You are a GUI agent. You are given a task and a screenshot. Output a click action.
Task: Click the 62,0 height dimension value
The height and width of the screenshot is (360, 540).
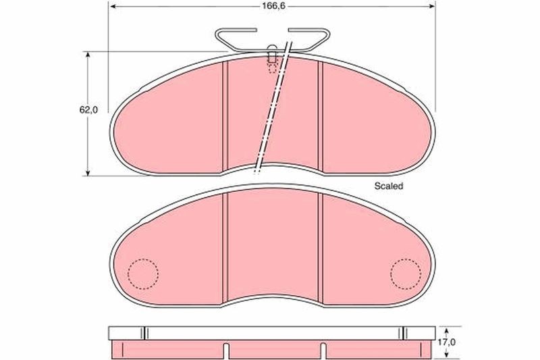(88, 110)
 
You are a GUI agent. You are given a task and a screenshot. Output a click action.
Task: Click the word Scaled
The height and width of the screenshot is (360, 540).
(389, 186)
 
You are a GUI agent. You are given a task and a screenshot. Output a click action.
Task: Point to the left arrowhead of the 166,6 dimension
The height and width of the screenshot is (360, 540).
(112, 7)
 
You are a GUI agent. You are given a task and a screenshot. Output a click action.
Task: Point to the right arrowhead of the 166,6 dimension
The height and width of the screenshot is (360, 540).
(432, 7)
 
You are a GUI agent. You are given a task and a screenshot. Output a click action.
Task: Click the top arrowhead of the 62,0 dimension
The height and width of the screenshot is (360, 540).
(88, 55)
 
